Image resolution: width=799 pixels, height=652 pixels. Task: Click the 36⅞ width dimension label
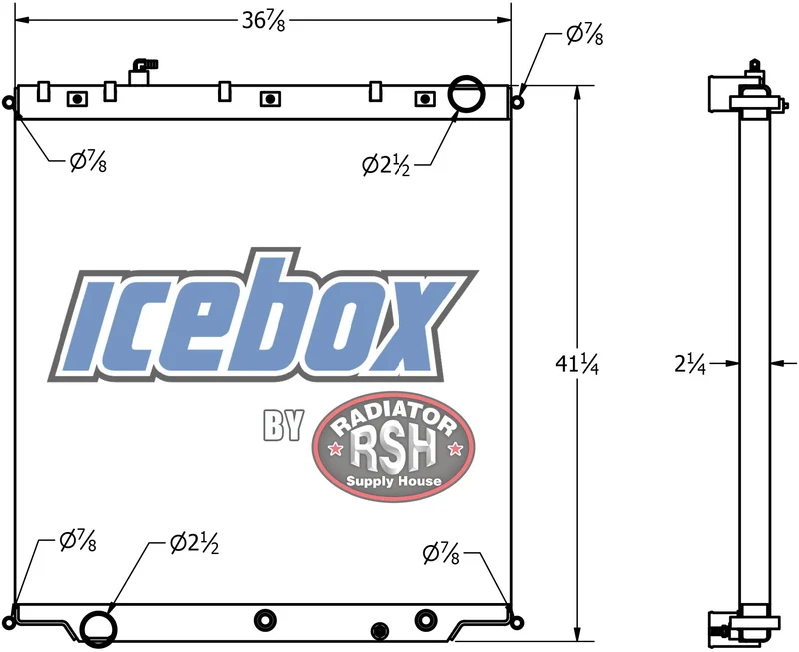tap(263, 21)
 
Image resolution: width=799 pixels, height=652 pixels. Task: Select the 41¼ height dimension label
tap(577, 364)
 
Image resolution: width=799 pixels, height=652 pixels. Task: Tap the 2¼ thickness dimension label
tap(690, 364)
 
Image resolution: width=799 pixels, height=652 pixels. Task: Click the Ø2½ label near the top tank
tap(386, 165)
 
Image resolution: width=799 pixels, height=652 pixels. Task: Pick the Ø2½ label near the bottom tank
tap(194, 543)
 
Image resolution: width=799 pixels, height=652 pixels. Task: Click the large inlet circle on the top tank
tap(466, 77)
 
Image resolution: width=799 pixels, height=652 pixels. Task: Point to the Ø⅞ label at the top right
tap(585, 35)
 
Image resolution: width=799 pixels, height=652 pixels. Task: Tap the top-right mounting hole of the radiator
tap(517, 102)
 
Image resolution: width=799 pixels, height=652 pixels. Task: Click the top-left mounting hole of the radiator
tap(9, 102)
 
